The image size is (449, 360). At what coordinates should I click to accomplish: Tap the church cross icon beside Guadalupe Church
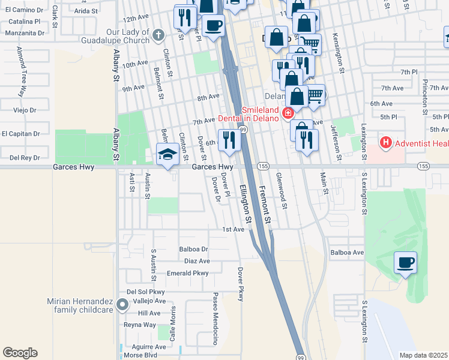[x=158, y=34]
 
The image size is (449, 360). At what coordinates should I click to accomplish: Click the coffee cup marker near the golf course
[x=405, y=263]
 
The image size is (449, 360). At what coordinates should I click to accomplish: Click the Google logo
[x=20, y=353]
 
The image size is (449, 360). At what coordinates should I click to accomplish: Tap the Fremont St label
[x=265, y=205]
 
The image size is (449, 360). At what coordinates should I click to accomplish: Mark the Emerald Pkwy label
[x=187, y=273]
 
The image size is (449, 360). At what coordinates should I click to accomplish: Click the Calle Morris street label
[x=173, y=324]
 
